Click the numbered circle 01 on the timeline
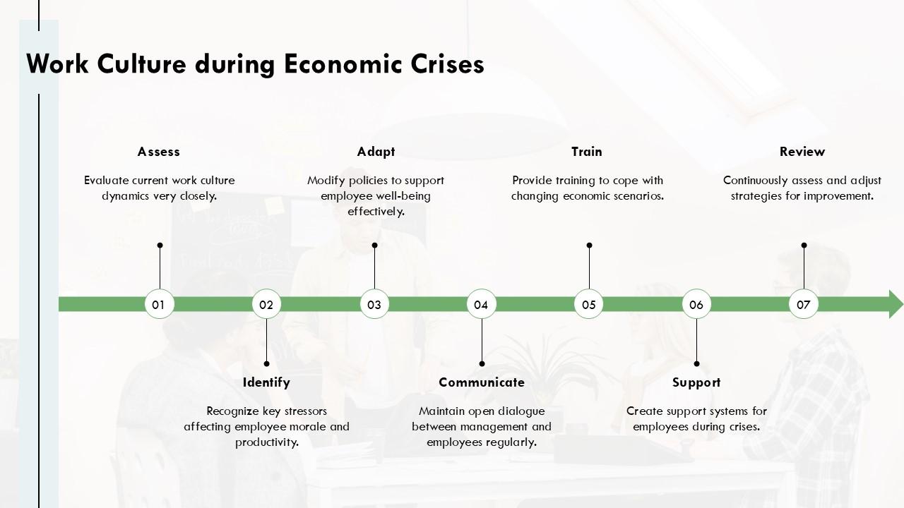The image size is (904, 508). [x=159, y=304]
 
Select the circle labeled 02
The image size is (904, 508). [x=266, y=304]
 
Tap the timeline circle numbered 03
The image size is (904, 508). [x=374, y=304]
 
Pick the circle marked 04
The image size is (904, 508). [x=482, y=304]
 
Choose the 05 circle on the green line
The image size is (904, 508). [x=589, y=304]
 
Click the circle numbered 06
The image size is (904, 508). [x=696, y=304]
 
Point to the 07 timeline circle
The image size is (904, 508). [x=804, y=304]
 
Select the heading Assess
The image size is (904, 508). [x=159, y=152]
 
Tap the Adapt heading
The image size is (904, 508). [x=376, y=152]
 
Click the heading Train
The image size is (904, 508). [x=587, y=152]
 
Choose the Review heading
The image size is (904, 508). [x=802, y=152]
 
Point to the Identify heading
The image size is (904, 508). [x=266, y=382]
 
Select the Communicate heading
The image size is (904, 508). [x=482, y=382]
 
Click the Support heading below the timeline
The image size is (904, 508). [x=696, y=382]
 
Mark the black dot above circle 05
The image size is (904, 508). [x=589, y=246]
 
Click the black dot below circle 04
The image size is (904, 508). [x=482, y=364]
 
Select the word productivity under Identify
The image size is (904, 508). [x=266, y=442]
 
